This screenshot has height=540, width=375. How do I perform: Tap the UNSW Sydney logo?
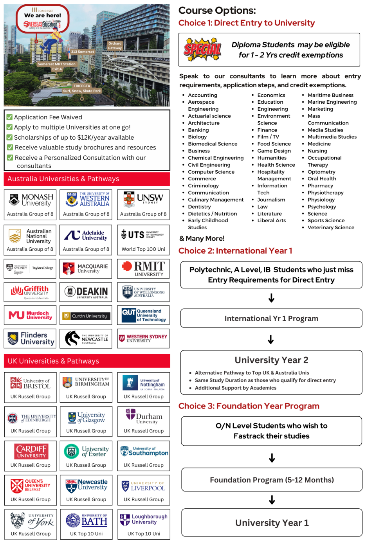(143, 199)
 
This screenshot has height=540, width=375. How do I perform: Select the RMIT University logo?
(143, 268)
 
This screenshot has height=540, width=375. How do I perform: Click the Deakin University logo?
(86, 292)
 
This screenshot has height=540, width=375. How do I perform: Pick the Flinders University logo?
(31, 338)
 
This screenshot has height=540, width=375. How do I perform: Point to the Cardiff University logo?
(31, 451)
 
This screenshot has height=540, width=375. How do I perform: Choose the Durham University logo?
(144, 416)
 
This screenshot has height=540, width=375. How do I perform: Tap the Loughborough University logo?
(144, 519)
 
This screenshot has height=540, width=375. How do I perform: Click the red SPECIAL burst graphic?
(202, 50)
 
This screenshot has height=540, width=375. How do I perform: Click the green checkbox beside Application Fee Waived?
(9, 117)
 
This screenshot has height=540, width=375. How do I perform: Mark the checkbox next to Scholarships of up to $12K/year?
(9, 137)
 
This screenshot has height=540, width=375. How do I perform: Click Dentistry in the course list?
(199, 207)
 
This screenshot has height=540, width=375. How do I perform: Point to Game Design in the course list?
(274, 151)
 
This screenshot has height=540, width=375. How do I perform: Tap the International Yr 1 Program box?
(271, 319)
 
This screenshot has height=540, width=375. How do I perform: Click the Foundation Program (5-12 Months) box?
(272, 480)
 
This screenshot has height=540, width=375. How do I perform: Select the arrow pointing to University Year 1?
(272, 500)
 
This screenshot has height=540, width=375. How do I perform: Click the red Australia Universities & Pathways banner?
(87, 179)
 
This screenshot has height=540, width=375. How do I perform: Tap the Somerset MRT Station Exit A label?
(57, 67)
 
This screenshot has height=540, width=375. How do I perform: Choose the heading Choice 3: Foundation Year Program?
(249, 406)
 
